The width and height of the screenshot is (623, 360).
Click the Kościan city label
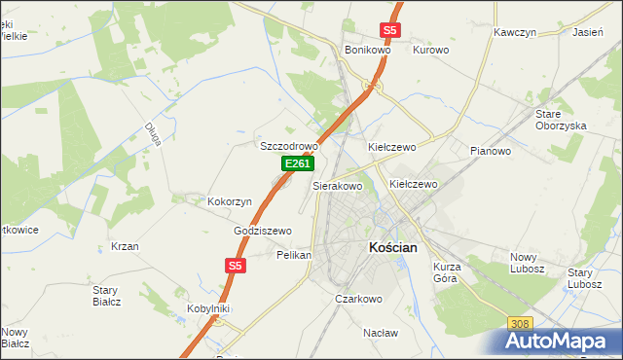[x=393, y=247]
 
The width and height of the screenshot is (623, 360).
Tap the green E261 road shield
[x=298, y=165]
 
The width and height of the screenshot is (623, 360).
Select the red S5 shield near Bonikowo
[x=390, y=30]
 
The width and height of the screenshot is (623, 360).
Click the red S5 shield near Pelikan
[x=234, y=265]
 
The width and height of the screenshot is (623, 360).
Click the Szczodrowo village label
[x=289, y=146]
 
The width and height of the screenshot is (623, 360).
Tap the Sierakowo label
[x=337, y=185]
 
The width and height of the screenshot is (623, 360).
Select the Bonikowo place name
[x=367, y=50]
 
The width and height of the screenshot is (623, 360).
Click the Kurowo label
[x=430, y=50]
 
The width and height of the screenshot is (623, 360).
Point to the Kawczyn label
[x=515, y=32]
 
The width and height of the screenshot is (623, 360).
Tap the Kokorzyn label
[x=230, y=201]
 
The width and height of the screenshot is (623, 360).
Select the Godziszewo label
[x=263, y=231]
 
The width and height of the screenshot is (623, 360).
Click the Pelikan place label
[x=294, y=254]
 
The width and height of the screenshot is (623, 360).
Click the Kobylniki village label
[x=207, y=308]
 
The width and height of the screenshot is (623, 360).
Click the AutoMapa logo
[x=560, y=341]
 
